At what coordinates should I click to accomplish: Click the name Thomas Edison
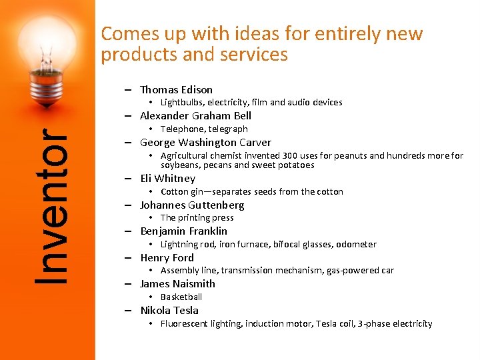click(x=176, y=89)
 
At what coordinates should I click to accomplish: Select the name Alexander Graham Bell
click(x=195, y=116)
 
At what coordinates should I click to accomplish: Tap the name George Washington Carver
click(x=205, y=143)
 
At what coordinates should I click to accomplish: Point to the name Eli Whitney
click(x=167, y=179)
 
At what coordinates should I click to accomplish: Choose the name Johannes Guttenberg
click(x=192, y=205)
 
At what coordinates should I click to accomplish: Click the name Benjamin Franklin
click(x=183, y=231)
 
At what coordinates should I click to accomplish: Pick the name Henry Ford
click(x=167, y=258)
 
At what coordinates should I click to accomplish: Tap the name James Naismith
click(x=177, y=284)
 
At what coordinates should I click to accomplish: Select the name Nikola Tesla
click(x=169, y=311)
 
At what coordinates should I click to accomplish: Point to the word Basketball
click(x=181, y=297)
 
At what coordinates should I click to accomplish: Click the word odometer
click(x=356, y=245)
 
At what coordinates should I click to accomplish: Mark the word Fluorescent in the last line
click(x=185, y=324)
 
